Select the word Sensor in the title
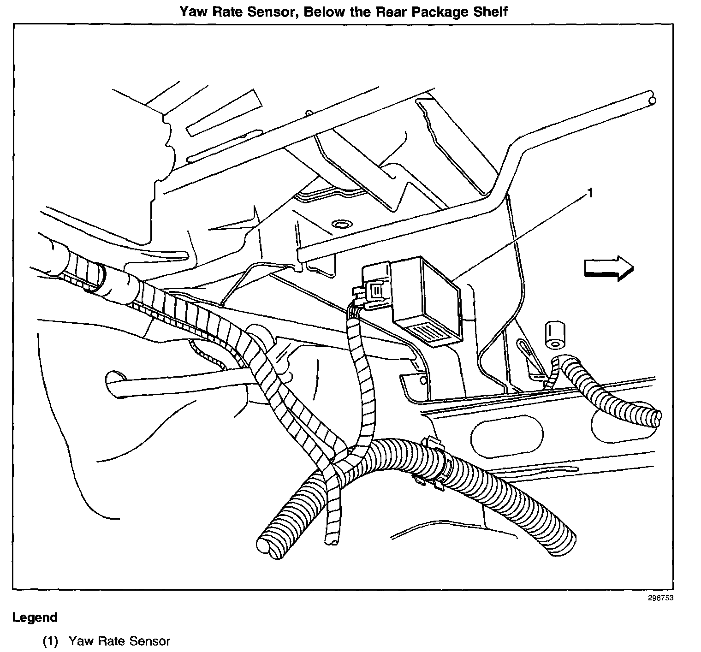click(x=271, y=11)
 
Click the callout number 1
click(x=588, y=192)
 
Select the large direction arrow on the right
click(x=608, y=268)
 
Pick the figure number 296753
click(x=661, y=598)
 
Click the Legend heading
click(x=35, y=617)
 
